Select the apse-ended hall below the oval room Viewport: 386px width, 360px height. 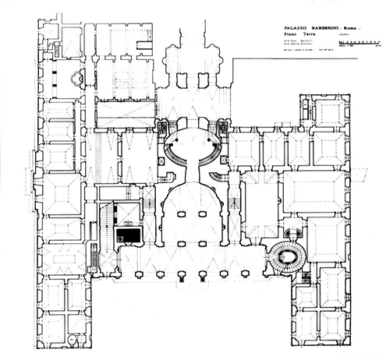click(x=193, y=214)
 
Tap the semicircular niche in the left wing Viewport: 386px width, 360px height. click(x=75, y=79)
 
